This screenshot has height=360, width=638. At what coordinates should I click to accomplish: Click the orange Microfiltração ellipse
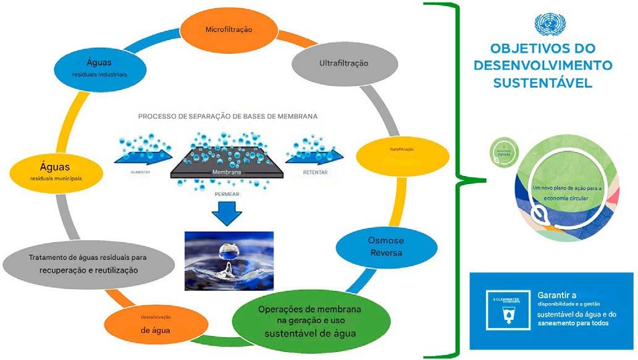pyautogui.click(x=228, y=30)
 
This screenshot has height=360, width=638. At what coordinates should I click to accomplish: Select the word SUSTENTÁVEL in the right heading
pyautogui.click(x=543, y=83)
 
